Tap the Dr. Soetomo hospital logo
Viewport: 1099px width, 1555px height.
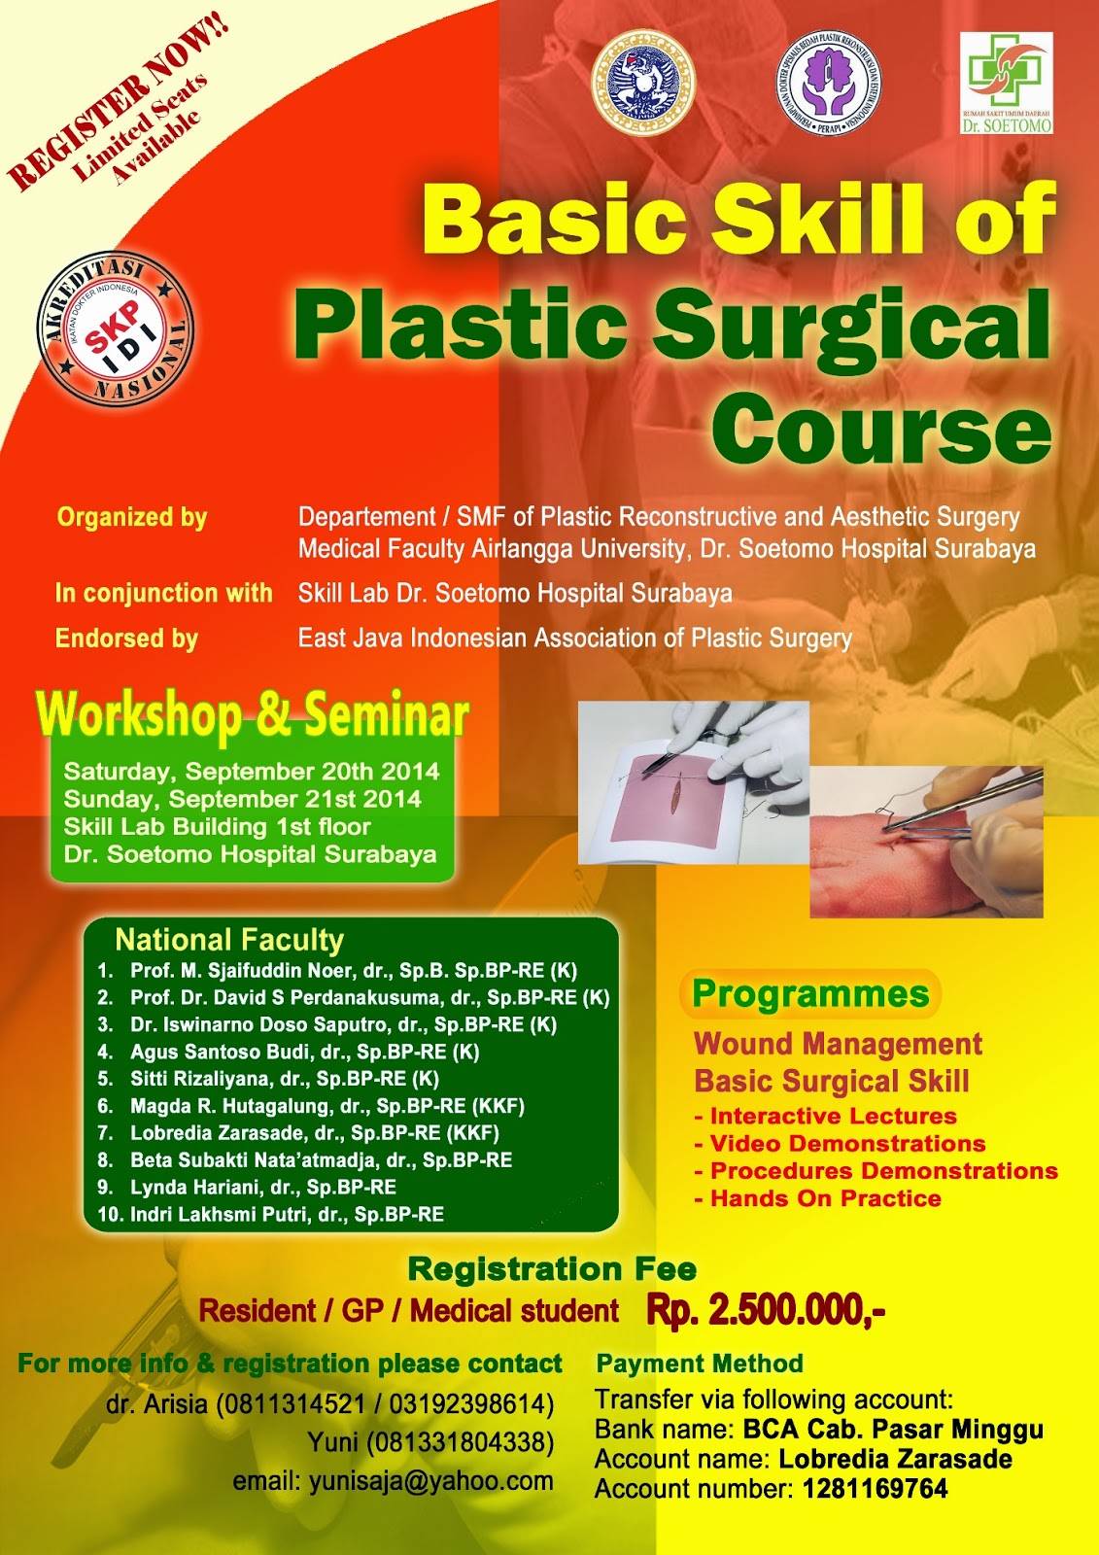(x=1006, y=83)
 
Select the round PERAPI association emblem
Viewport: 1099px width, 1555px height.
(x=829, y=83)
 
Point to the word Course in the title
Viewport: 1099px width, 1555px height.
(x=882, y=429)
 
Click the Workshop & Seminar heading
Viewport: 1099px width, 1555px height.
(x=253, y=715)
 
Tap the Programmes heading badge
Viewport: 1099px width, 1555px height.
(x=810, y=994)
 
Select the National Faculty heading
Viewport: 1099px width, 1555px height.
(x=229, y=940)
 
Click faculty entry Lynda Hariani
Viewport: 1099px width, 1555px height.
(x=262, y=1187)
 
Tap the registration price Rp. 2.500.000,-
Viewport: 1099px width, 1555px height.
(x=765, y=1310)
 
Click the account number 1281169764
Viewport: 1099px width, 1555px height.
(x=875, y=1489)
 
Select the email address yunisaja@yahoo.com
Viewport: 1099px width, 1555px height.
(x=430, y=1481)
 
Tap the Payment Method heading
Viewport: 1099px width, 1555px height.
(x=700, y=1364)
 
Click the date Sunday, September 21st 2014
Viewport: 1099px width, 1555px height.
(x=242, y=799)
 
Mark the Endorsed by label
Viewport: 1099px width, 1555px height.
(x=126, y=639)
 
